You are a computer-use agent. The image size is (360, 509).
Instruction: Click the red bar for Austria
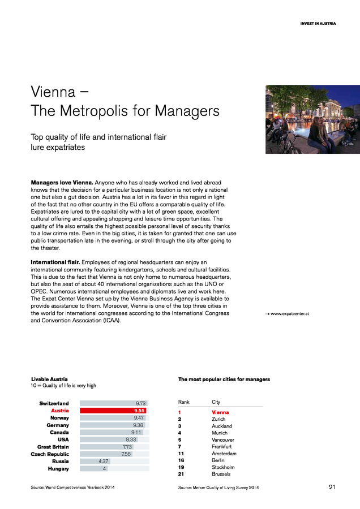point(113,411)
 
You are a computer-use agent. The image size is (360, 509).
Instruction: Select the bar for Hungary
point(93,468)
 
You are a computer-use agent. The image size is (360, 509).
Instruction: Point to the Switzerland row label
point(54,403)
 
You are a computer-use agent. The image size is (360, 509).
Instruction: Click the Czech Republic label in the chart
point(50,454)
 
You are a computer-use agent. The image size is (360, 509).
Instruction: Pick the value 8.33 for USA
point(131,439)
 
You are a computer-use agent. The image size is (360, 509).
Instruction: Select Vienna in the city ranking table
point(220,412)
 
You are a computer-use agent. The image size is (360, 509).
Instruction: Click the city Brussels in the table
point(221,474)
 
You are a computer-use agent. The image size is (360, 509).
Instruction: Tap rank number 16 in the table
point(181,460)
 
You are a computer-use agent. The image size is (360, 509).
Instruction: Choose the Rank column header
point(184,402)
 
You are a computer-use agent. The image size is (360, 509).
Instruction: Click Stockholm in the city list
point(222,467)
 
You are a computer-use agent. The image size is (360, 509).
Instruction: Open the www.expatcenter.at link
point(290,313)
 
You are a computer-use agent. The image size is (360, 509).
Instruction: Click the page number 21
point(332,487)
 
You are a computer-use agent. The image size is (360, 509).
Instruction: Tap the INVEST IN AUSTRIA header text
point(318,24)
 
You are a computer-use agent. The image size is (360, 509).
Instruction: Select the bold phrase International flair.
point(55,262)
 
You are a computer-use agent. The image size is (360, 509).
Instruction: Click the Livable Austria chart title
point(49,378)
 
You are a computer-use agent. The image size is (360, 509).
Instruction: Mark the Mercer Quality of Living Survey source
point(218,487)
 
